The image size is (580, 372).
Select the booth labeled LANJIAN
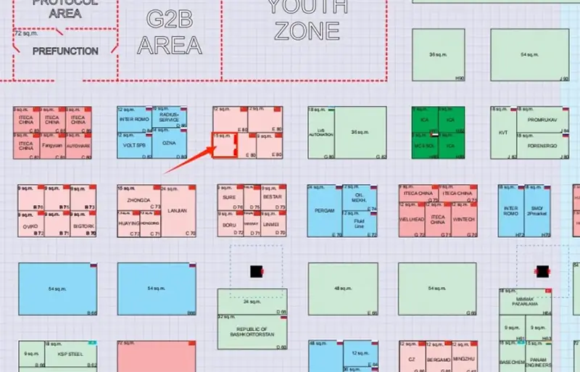coord(178,211)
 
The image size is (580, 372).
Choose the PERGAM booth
coord(323,211)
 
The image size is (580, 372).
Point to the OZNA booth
coord(170,144)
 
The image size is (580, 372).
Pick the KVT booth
coord(503,133)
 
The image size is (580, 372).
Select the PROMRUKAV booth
coord(541,120)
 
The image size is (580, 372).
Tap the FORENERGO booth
coord(541,144)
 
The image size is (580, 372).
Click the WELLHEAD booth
coord(411,219)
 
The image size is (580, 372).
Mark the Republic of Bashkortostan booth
coord(252,332)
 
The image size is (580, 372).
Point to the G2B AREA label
coord(169,32)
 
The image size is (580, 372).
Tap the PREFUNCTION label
coord(65,51)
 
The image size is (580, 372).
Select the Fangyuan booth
coord(52,145)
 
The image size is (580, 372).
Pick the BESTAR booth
coord(272,197)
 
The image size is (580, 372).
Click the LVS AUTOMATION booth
coord(320,133)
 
